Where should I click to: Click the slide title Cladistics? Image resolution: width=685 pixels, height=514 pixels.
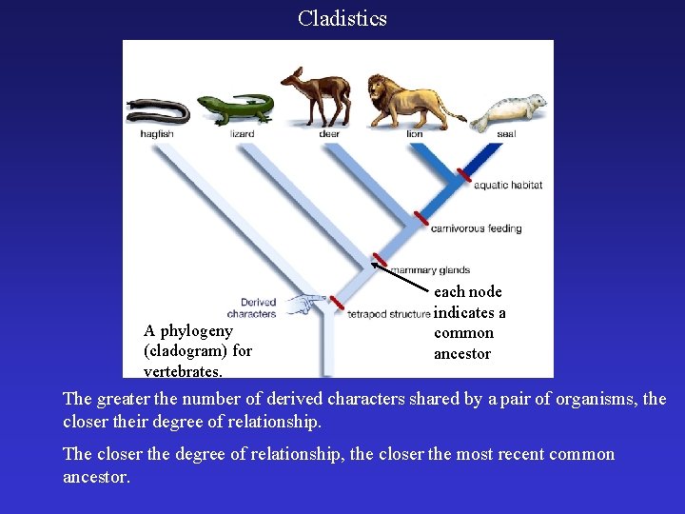pos(342,18)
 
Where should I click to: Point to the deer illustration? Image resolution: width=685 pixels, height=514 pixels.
pos(319,97)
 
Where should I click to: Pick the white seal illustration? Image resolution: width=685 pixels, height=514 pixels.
pos(509,112)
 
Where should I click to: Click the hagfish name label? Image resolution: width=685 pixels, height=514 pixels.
pos(157,134)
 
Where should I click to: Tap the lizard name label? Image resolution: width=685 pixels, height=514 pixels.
pos(243,134)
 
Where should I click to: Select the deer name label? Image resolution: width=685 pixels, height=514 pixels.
pos(329,134)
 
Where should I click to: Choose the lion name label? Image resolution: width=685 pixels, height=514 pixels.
pos(415,134)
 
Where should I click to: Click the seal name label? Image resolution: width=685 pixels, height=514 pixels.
pos(506,134)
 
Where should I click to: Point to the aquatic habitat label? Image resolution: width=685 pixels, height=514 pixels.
pos(508,185)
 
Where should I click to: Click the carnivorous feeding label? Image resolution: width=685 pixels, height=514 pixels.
pos(476,228)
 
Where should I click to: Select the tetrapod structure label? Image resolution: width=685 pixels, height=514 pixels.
pos(388,313)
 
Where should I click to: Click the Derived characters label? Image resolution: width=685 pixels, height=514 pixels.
pos(252,307)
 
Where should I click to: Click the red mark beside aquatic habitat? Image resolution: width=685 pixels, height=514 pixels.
pos(464,175)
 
